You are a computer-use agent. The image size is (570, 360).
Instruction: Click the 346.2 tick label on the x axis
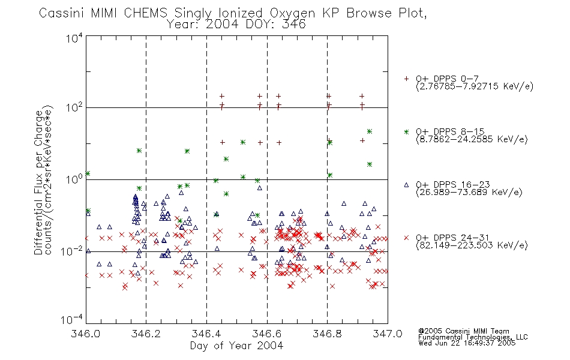point(146,334)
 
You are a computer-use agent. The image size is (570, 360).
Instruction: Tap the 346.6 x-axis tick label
point(267,334)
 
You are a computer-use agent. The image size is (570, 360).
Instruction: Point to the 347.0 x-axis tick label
point(388,334)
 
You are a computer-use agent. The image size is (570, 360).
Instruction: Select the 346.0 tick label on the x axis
point(86,334)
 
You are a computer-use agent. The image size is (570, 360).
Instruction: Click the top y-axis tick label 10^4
point(74,38)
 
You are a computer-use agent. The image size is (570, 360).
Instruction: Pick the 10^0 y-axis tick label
point(74,179)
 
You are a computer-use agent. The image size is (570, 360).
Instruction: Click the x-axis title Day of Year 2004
point(236,346)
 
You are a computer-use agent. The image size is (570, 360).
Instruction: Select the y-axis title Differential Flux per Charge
point(38,182)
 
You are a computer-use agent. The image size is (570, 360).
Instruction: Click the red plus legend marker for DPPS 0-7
point(406,79)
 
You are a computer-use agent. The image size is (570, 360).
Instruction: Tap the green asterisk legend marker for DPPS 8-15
point(406,131)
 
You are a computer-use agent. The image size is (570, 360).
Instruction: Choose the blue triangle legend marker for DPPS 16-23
point(406,185)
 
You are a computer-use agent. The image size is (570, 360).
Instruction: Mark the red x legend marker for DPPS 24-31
point(406,238)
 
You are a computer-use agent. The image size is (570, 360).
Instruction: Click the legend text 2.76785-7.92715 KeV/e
point(475,86)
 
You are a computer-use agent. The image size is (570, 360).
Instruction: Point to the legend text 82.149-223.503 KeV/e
point(472,245)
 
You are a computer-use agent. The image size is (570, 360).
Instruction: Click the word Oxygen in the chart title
point(293,13)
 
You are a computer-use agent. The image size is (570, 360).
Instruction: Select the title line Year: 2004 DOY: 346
point(236,25)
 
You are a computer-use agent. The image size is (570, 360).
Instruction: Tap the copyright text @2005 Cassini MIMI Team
point(464,331)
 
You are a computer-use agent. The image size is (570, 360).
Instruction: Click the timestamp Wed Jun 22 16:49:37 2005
point(467,343)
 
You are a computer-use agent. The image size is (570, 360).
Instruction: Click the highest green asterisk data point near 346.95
point(370,131)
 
